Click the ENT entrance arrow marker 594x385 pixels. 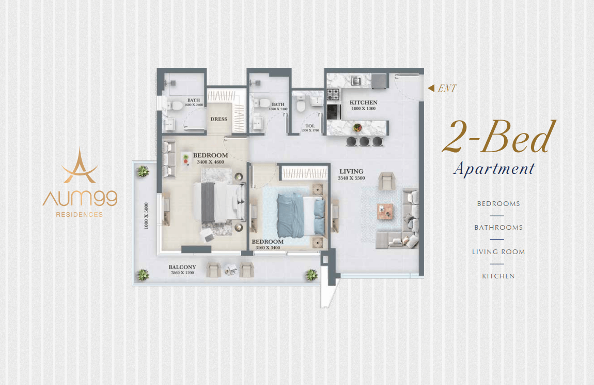coord(431,88)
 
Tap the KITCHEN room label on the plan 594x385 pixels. coord(363,102)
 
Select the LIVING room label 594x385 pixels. coord(351,171)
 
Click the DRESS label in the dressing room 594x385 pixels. coord(218,119)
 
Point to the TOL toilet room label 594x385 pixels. coord(310,126)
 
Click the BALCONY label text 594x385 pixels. coord(182,267)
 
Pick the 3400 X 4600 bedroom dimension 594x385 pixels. coord(210,162)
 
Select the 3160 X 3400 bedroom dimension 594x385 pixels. coord(268,248)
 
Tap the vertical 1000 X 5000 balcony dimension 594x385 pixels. coord(146,216)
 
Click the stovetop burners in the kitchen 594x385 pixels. coord(333,94)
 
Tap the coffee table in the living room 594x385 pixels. coord(385,212)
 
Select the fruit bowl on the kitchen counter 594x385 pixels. coord(357,128)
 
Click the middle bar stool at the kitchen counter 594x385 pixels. coord(364,141)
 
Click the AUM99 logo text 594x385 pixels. coord(80,198)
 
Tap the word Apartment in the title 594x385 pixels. coord(494,169)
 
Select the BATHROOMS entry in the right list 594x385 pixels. coord(498,228)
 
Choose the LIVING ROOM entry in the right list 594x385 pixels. coord(498,251)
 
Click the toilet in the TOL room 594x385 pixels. coord(301,103)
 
